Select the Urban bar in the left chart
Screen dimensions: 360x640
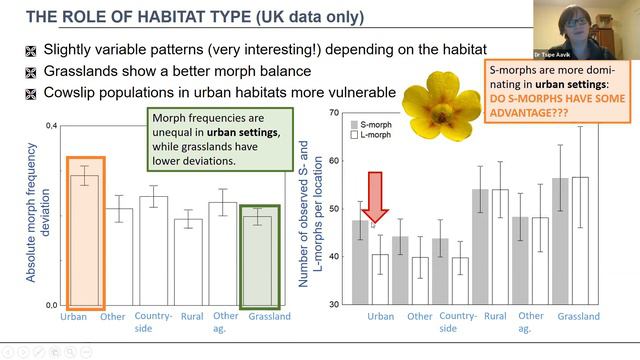[x=84, y=239]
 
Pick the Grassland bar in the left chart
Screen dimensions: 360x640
[x=259, y=259]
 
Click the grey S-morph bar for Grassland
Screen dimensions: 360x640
[x=560, y=241]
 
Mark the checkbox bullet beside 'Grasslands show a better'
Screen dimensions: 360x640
[x=32, y=72]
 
